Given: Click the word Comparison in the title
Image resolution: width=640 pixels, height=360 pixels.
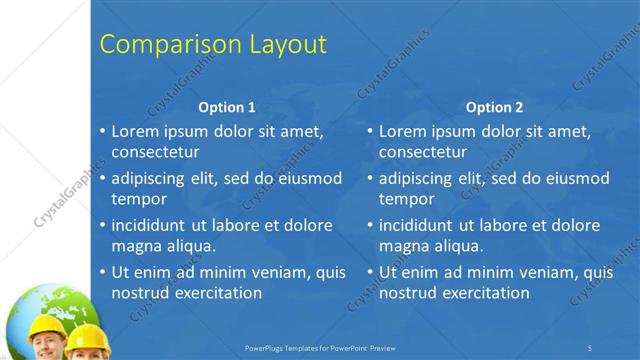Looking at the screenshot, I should pyautogui.click(x=165, y=45).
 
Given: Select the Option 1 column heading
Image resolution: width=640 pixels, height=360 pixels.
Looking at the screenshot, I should pyautogui.click(x=227, y=107).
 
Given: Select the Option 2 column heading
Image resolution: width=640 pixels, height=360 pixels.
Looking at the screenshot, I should pyautogui.click(x=494, y=107).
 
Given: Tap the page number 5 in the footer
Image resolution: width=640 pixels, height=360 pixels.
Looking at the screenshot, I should pyautogui.click(x=590, y=347).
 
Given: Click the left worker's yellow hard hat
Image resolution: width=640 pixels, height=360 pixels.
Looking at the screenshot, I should pyautogui.click(x=47, y=325).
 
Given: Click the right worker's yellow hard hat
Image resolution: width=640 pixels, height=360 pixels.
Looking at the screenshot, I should pyautogui.click(x=88, y=336).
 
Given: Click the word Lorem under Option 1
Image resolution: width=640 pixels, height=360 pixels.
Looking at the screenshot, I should pyautogui.click(x=135, y=131).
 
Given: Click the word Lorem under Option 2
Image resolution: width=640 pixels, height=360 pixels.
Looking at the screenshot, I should pyautogui.click(x=402, y=131).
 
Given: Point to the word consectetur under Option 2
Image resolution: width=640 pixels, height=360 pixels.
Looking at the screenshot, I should pyautogui.click(x=423, y=152).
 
